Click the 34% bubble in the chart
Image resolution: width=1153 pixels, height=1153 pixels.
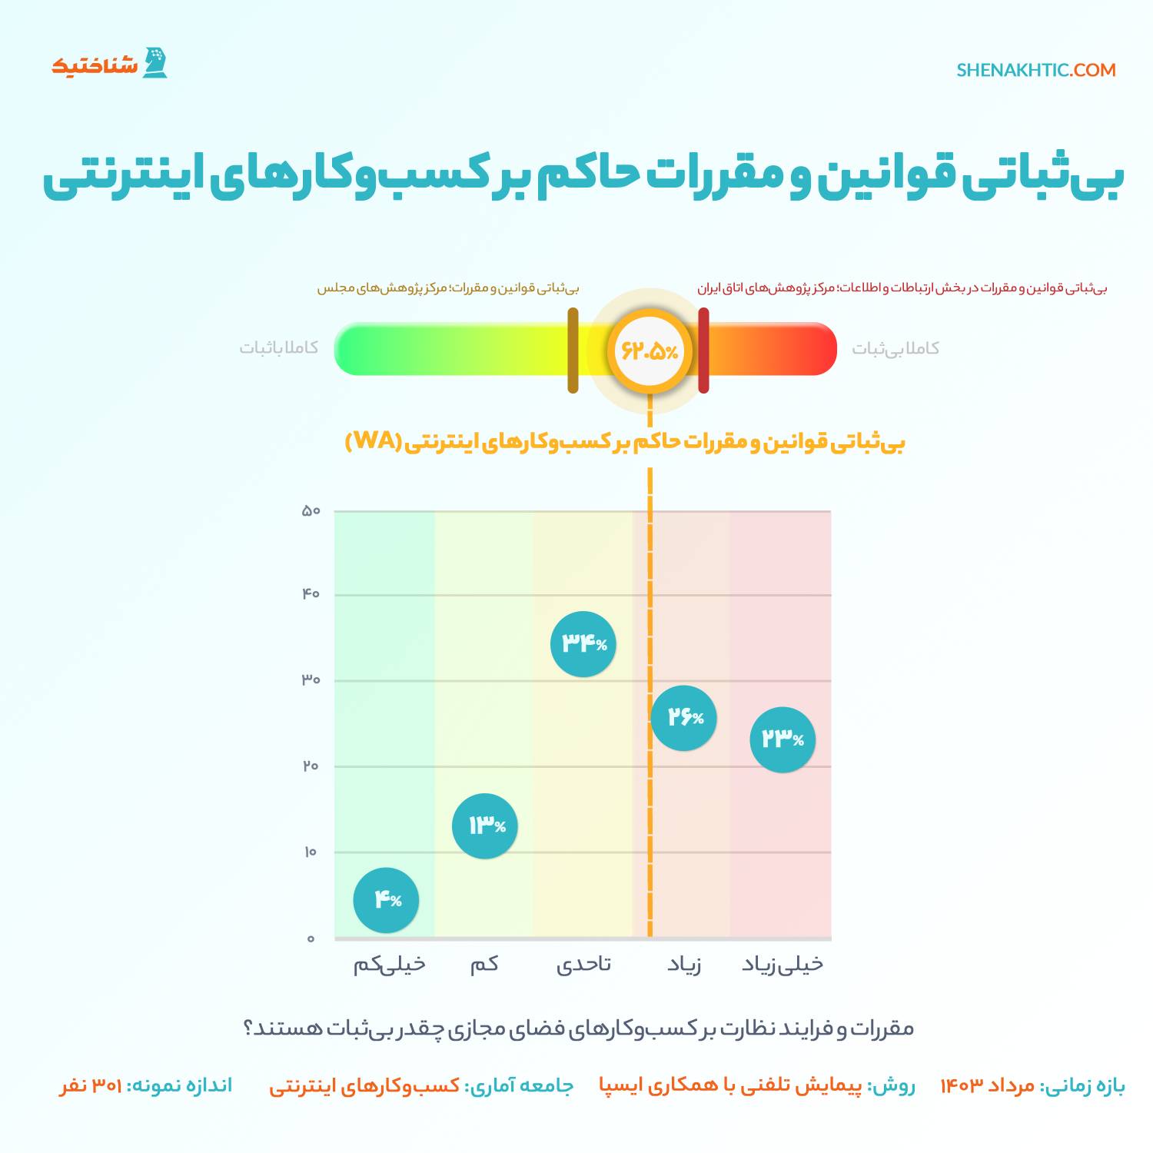pos(583,644)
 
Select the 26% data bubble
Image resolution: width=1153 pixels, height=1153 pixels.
pos(683,718)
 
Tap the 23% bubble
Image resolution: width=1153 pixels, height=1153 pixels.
pos(783,739)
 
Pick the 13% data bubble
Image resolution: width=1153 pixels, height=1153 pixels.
pos(485,826)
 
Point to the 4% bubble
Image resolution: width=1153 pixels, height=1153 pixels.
pos(386,900)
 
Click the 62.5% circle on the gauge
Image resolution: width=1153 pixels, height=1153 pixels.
pos(650,351)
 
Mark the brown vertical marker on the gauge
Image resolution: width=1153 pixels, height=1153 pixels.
pos(573,351)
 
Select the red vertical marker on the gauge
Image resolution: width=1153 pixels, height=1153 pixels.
pos(703,351)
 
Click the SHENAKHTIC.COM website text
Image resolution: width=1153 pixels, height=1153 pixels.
pos(1036,70)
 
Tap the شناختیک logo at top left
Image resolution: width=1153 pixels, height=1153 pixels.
pos(109,64)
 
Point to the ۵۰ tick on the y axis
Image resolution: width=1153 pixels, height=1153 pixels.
pos(311,511)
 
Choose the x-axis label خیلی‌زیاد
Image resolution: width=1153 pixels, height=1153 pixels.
pos(783,965)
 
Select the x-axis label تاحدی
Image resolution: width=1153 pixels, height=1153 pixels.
pos(583,965)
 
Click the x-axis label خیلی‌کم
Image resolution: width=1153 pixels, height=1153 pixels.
pos(389,965)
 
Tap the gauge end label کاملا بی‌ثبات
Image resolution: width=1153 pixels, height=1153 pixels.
pos(895,349)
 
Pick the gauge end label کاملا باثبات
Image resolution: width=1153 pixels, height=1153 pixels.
pos(279,348)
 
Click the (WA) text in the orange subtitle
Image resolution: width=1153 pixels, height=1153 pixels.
pos(374,441)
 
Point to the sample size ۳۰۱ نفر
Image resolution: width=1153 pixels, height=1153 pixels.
pos(91,1085)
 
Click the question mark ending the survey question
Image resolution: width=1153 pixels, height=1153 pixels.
pos(248,1028)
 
